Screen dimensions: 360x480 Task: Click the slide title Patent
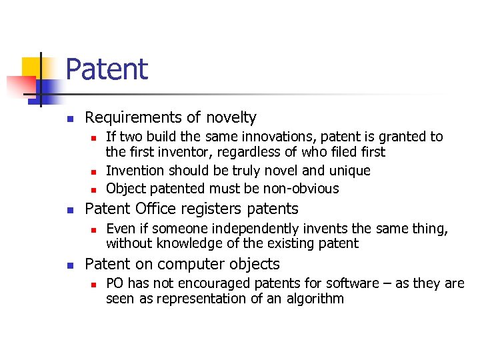point(107,69)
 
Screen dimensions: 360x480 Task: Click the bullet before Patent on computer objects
point(69,265)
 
